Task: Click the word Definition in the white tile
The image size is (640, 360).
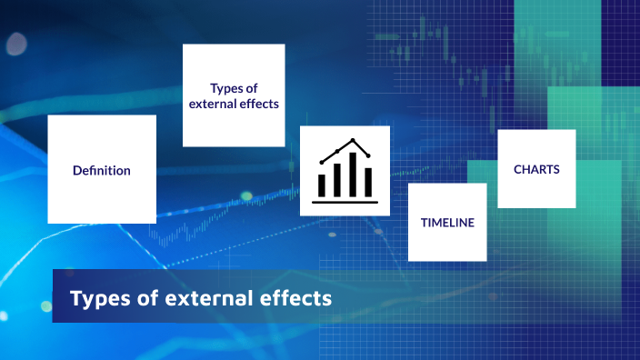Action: [x=102, y=170]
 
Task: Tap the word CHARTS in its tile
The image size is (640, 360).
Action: [x=536, y=169]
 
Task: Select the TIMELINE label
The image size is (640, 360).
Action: [x=447, y=222]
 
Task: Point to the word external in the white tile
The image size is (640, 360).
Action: [x=212, y=104]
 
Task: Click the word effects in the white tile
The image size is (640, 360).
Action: [x=257, y=104]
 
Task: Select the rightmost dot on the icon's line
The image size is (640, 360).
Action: [x=368, y=155]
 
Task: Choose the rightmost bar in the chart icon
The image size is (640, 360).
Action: [x=367, y=182]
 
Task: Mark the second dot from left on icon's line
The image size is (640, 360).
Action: [x=338, y=150]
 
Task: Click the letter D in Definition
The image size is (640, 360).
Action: [x=76, y=170]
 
